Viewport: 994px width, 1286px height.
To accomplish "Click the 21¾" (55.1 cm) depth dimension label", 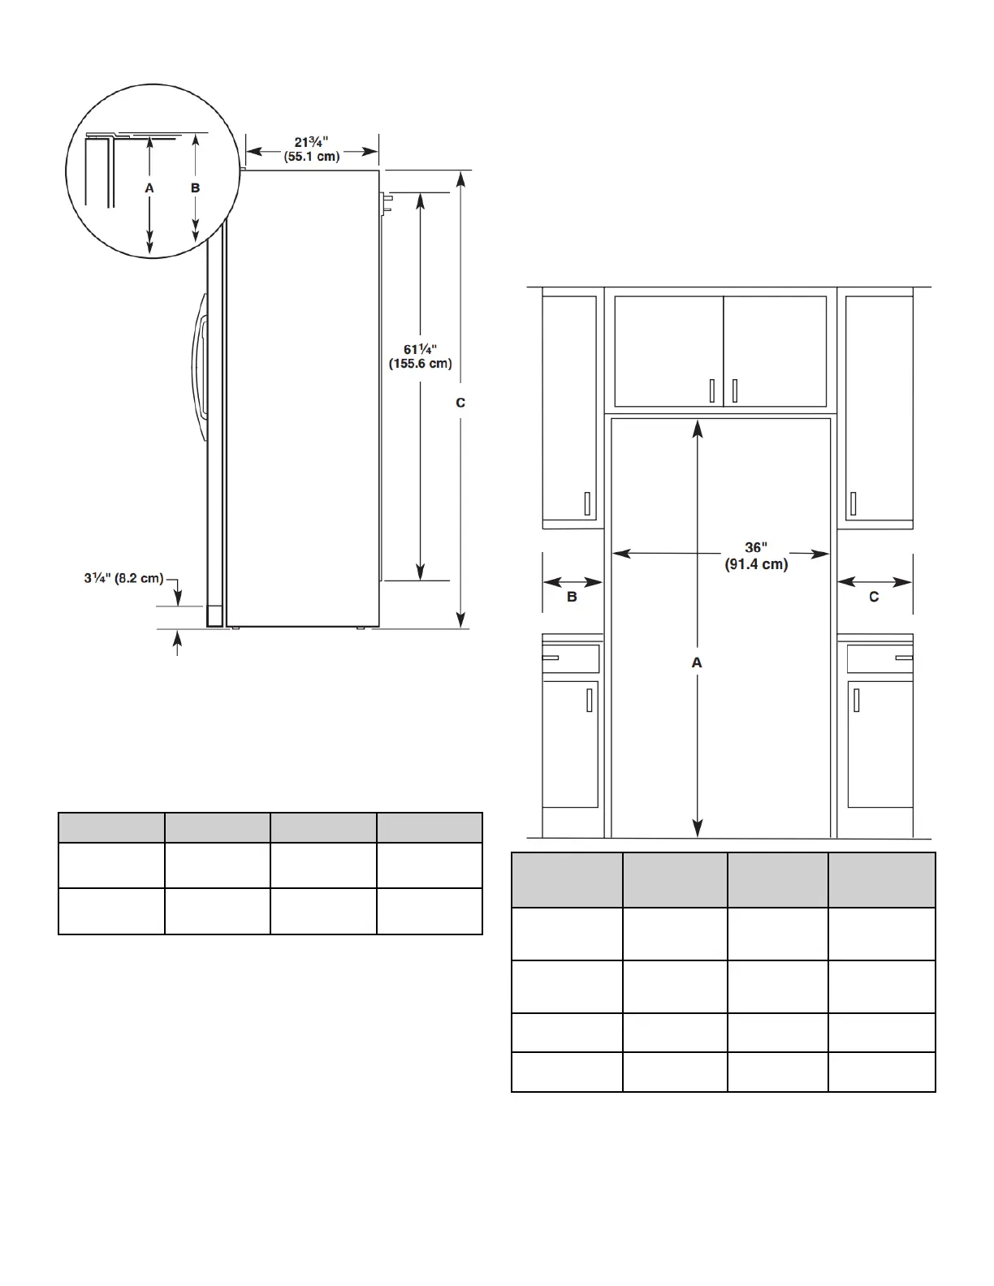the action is click(311, 149).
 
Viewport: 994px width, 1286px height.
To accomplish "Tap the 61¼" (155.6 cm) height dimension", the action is click(420, 356).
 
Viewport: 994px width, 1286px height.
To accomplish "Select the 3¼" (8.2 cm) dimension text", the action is click(123, 577).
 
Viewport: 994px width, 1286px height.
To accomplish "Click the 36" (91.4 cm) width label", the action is click(756, 555).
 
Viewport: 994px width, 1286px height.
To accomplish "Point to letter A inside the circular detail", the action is click(149, 188).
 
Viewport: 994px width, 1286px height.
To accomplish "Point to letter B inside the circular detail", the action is click(196, 188).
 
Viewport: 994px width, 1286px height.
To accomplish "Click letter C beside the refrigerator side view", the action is click(460, 403).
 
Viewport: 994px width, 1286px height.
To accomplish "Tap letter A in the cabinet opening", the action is click(697, 662).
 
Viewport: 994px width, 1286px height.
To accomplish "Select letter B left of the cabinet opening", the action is click(572, 597).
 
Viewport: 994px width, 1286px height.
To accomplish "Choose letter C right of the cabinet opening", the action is click(874, 597).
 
